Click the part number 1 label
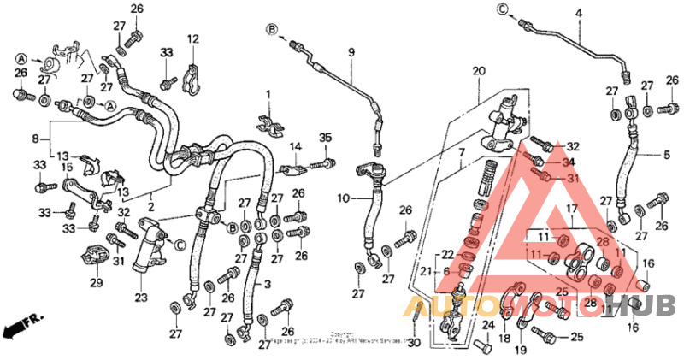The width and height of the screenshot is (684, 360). click(x=267, y=93)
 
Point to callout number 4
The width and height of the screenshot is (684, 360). click(x=579, y=13)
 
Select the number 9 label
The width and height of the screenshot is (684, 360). click(x=350, y=53)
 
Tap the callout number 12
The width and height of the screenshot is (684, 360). click(x=193, y=38)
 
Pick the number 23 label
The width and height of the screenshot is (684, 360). click(x=140, y=297)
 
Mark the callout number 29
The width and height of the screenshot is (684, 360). click(x=97, y=282)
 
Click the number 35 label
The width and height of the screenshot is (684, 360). click(x=325, y=138)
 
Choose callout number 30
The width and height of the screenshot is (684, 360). click(x=414, y=343)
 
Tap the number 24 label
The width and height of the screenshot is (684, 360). click(x=488, y=326)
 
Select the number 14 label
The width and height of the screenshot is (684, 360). click(x=295, y=147)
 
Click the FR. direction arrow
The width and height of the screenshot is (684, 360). click(x=19, y=325)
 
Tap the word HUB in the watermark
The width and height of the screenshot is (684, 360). click(x=654, y=304)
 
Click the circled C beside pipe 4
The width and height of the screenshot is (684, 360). click(x=502, y=10)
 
